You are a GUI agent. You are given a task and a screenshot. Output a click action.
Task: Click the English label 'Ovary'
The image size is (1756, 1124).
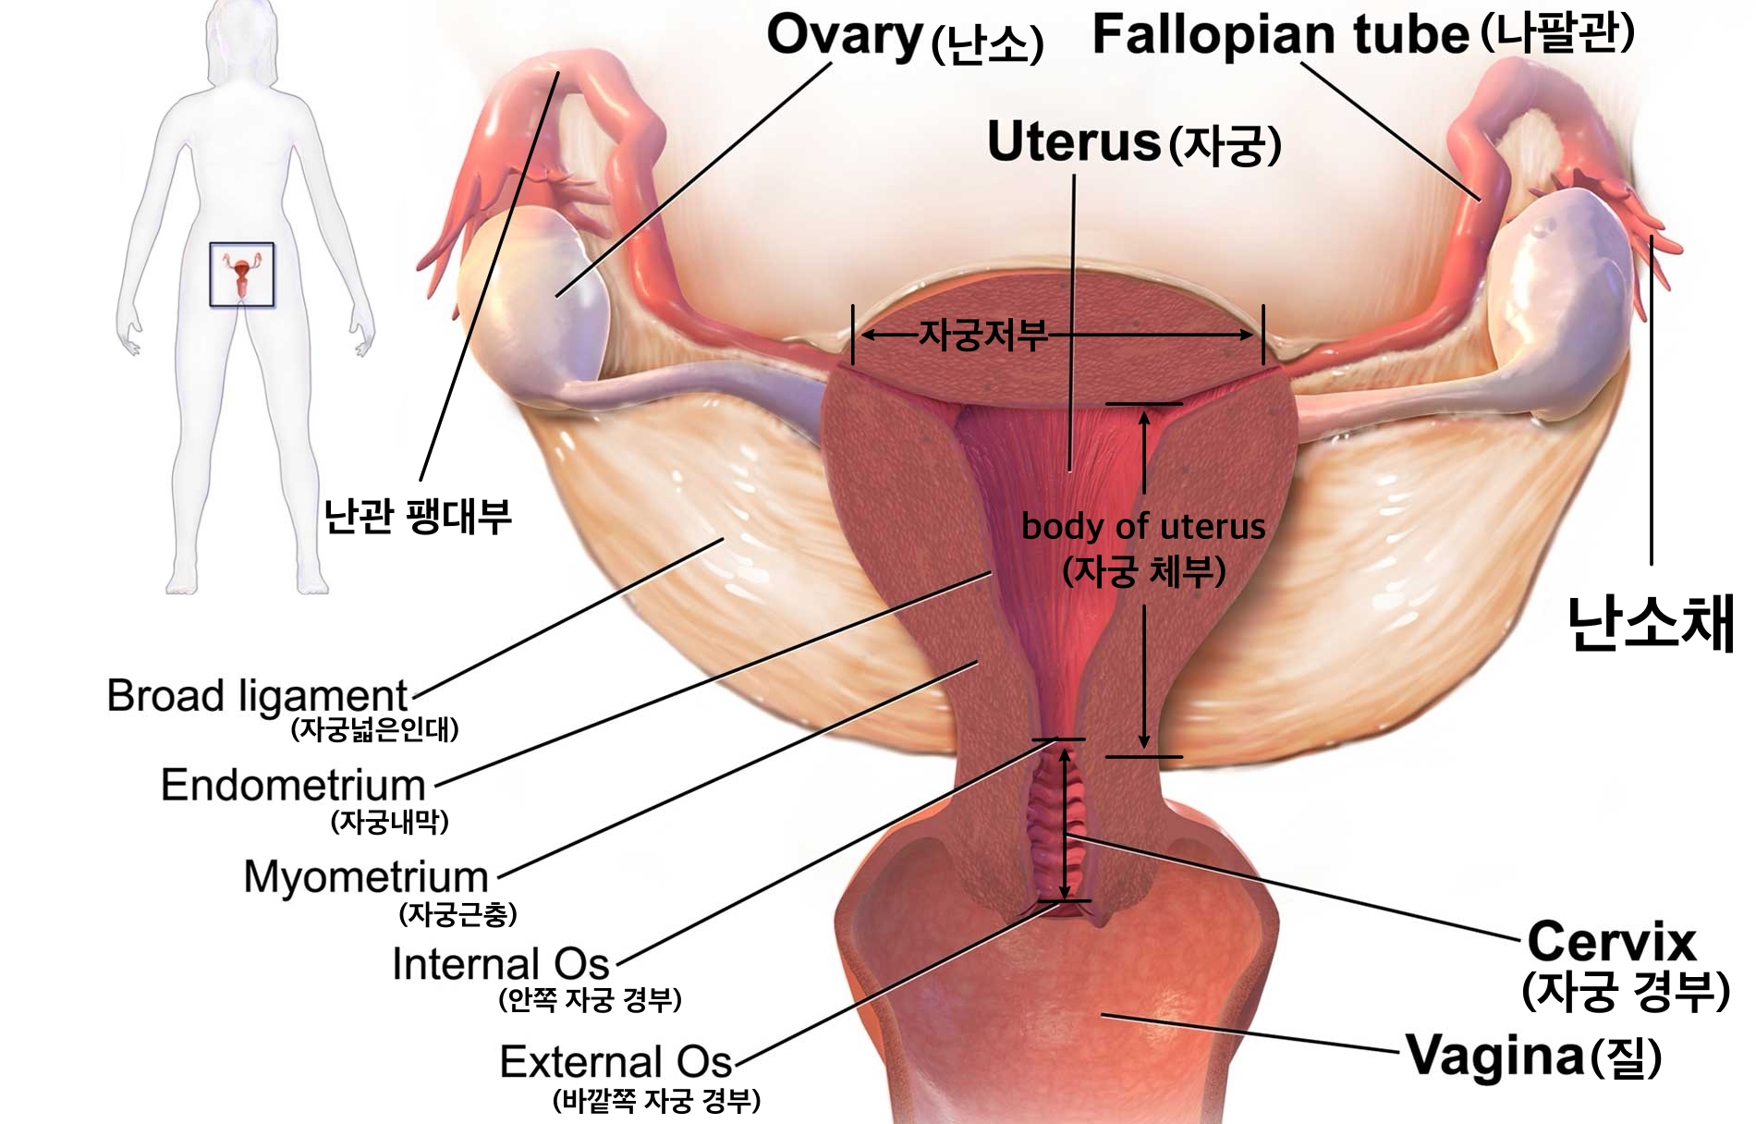[x=845, y=37]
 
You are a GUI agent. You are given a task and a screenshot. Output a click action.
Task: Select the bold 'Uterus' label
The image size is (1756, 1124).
[x=1073, y=142]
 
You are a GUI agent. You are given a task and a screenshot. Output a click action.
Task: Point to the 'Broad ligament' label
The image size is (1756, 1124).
[x=256, y=696]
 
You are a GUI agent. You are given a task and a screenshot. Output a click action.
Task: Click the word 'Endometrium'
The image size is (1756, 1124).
[x=293, y=786]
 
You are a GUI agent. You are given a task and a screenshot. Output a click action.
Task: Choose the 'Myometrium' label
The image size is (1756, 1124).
[x=365, y=876]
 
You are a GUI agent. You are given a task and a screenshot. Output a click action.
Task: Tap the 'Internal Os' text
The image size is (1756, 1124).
[x=500, y=964]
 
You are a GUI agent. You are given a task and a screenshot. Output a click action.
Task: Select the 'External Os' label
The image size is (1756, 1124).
[x=616, y=1062]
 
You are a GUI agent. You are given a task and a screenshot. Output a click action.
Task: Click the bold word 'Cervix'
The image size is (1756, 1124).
[x=1611, y=942]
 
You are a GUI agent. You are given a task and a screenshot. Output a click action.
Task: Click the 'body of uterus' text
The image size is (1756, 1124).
[x=1142, y=527]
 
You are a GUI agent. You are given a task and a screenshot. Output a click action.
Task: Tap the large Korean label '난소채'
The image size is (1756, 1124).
[x=1651, y=624]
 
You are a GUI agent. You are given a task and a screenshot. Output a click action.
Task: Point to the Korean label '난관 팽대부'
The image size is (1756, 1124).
[x=417, y=516]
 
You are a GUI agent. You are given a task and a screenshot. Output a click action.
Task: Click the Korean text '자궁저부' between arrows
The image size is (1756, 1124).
[x=982, y=335]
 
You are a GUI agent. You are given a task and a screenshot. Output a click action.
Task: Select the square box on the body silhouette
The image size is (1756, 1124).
[x=241, y=275]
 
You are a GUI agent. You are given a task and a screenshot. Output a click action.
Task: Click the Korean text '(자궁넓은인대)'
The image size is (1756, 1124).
[x=374, y=730]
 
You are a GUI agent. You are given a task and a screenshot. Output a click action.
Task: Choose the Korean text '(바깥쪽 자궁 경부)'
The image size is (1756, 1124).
[x=656, y=1101]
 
